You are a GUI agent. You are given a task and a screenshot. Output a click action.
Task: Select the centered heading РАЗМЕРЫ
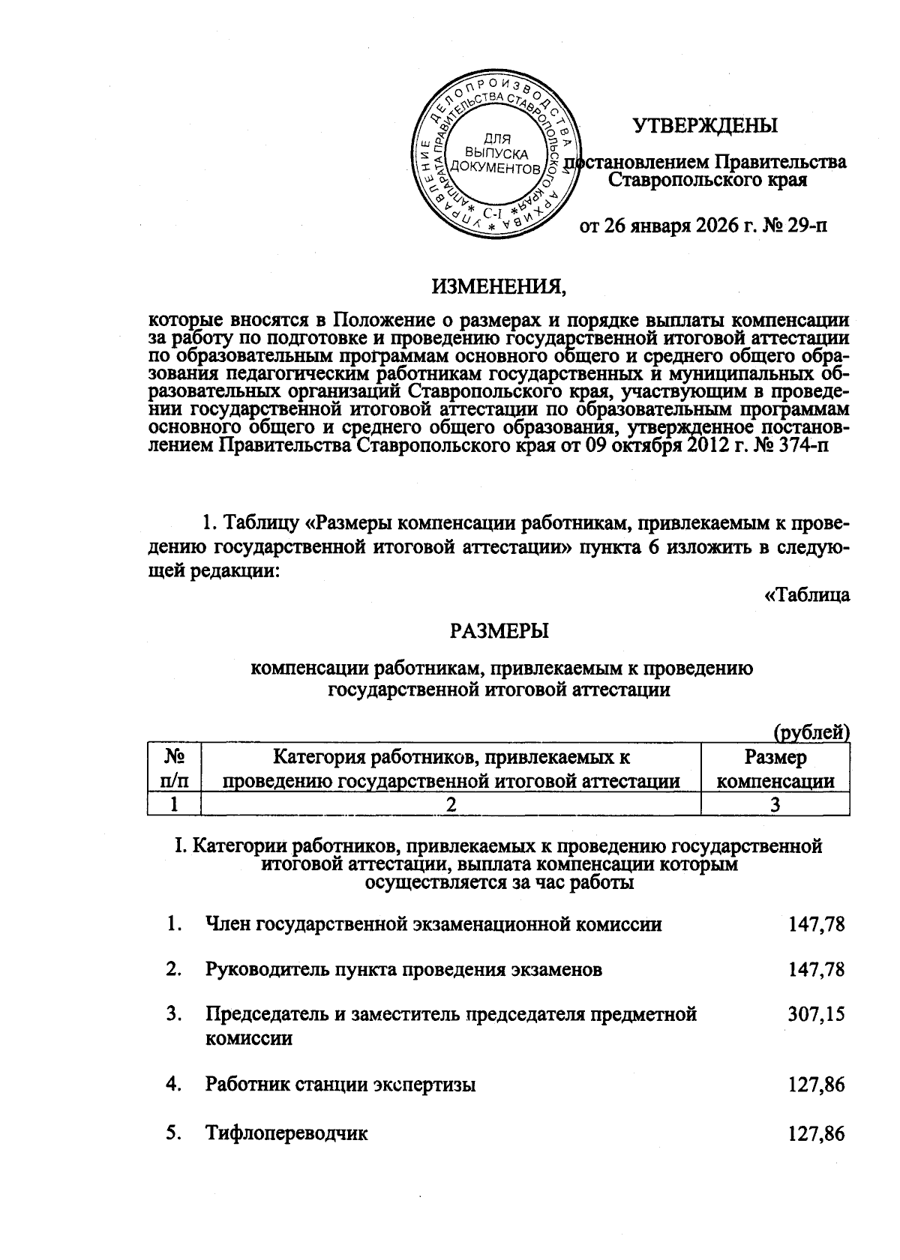[499, 631]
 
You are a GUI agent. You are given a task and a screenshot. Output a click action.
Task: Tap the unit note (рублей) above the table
[811, 732]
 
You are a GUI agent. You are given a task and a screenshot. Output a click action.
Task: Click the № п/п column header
[174, 769]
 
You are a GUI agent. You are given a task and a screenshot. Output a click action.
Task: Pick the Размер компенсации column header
[775, 769]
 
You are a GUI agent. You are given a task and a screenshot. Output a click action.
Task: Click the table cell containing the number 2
[451, 805]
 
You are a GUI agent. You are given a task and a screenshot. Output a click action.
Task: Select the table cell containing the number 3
[775, 805]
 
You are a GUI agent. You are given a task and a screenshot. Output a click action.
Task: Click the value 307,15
[816, 1014]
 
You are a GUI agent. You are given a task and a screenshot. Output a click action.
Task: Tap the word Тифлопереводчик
[286, 1133]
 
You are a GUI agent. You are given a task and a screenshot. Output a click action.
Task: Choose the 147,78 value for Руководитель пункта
[816, 969]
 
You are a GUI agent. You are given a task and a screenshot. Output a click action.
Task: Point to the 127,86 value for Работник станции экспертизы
[816, 1084]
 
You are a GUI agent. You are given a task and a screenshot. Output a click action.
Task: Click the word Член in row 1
[229, 924]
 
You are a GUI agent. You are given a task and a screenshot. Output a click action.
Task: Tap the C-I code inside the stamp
[493, 213]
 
